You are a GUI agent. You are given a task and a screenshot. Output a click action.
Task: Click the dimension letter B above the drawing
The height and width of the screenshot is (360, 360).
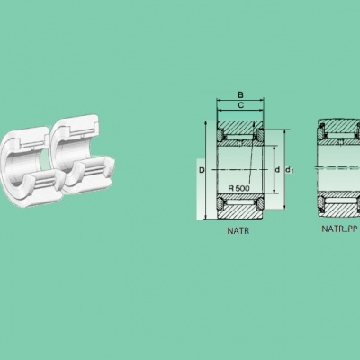pos(240,95)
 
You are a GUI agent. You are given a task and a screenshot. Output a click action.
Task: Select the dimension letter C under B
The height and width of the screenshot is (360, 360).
pos(240,105)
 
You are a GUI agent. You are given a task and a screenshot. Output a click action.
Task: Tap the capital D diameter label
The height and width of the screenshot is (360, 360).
pos(202,170)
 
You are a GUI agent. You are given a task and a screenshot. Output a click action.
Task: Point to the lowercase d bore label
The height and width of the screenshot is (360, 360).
pos(277,170)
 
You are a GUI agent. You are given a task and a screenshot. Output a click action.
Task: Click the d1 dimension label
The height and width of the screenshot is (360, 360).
pos(290,170)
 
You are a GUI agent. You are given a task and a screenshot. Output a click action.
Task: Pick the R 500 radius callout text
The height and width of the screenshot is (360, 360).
pos(238,188)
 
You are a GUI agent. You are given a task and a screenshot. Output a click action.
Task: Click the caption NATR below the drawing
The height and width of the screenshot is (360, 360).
pos(238,230)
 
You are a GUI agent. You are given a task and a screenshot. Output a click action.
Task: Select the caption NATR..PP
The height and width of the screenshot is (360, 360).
pos(339,229)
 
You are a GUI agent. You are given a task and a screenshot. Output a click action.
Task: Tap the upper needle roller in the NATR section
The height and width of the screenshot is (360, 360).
pos(240,138)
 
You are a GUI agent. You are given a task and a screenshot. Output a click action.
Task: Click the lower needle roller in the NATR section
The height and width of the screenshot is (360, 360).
pos(240,202)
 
